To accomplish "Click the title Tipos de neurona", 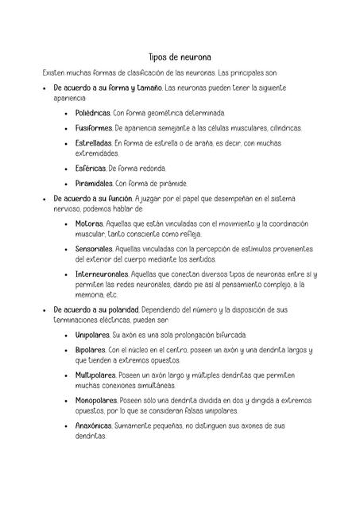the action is point(180,57).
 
